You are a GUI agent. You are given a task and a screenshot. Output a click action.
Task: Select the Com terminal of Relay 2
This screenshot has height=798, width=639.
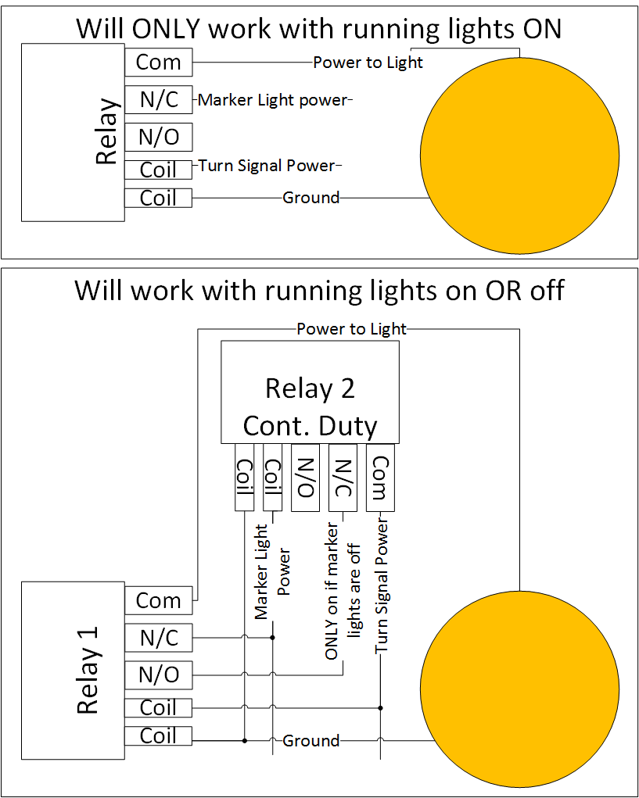[379, 477]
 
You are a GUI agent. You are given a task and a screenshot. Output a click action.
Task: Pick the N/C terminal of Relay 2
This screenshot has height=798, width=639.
[342, 477]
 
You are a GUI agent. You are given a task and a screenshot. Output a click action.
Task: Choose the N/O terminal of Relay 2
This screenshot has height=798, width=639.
[305, 477]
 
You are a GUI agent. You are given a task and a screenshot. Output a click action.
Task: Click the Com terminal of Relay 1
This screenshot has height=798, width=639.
[158, 600]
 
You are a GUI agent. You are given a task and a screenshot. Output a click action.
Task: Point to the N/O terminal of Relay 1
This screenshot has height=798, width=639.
[158, 674]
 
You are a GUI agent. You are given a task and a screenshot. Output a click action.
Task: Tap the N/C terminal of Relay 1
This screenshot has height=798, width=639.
[158, 638]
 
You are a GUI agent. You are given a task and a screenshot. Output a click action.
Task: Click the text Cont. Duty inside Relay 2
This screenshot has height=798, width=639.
[310, 426]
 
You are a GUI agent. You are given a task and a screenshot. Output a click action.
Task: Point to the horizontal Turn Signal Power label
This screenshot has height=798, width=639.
[266, 166]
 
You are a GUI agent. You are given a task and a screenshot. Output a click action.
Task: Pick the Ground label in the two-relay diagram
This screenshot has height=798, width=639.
[311, 740]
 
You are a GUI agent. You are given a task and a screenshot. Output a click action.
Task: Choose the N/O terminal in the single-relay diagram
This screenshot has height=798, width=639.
[158, 138]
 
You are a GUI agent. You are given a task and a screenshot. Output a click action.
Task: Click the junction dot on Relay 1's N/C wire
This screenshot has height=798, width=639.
[273, 638]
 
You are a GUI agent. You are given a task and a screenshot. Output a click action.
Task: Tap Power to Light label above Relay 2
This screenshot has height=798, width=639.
[351, 329]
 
